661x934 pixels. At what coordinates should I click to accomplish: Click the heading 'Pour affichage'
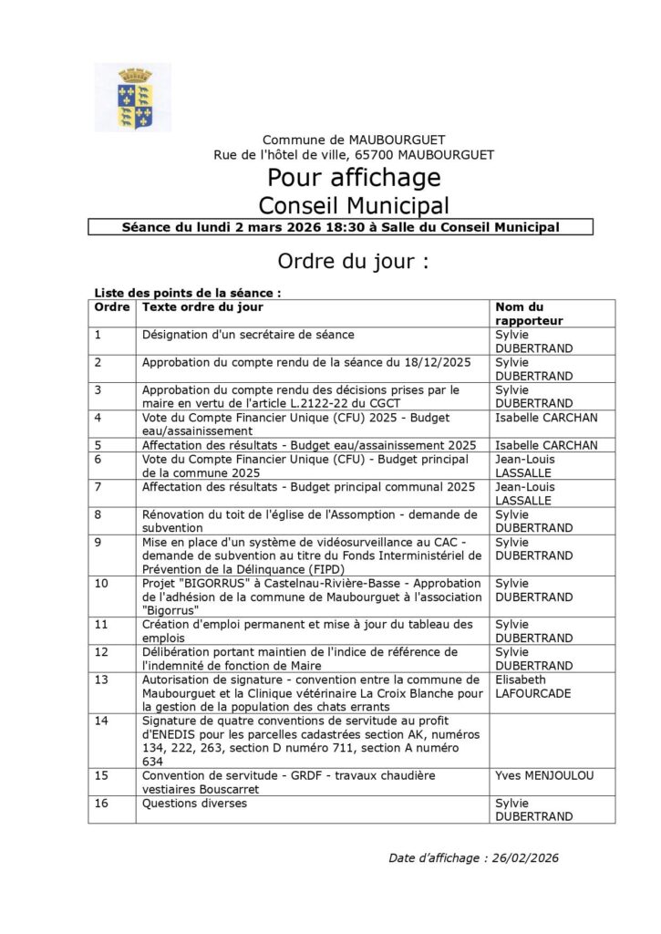pyautogui.click(x=354, y=177)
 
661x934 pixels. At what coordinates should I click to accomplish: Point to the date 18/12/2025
pyautogui.click(x=439, y=362)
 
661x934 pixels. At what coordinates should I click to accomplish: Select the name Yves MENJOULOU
pyautogui.click(x=544, y=775)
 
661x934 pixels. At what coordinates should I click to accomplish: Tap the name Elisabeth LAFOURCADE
pyautogui.click(x=534, y=687)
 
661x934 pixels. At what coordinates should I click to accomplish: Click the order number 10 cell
pyautogui.click(x=101, y=583)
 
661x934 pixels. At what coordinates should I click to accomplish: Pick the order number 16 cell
pyautogui.click(x=101, y=804)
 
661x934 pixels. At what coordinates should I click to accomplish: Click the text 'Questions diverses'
pyautogui.click(x=194, y=804)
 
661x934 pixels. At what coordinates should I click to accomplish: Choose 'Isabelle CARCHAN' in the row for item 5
pyautogui.click(x=545, y=445)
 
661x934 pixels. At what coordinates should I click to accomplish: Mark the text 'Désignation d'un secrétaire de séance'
pyautogui.click(x=248, y=335)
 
